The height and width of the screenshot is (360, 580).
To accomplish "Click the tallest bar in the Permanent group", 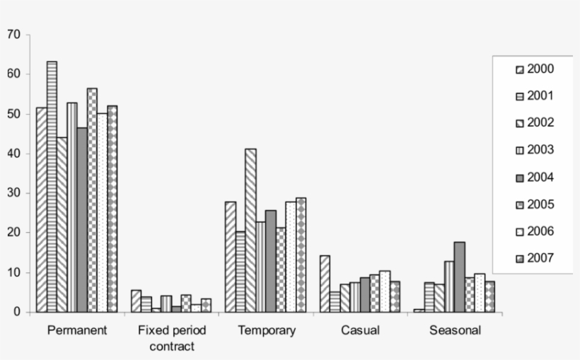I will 52,187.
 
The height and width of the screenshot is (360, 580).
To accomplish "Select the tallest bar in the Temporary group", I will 250,230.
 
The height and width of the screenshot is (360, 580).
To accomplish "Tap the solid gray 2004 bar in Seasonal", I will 459,277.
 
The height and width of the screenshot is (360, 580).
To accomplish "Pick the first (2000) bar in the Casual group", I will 325,284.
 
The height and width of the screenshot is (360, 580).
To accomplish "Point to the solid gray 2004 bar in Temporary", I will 270,261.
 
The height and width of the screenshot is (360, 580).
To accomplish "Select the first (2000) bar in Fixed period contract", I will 136,301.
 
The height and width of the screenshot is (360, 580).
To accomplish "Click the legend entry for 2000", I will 535,69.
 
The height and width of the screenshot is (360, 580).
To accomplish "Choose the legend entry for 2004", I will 535,177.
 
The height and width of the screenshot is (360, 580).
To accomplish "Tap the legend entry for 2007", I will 535,257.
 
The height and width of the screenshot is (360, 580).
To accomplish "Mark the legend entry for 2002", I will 535,123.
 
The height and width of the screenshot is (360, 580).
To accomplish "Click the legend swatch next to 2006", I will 519,231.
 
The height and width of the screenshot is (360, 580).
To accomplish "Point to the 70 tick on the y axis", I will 15,34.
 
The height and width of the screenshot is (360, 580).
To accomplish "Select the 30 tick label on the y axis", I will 15,193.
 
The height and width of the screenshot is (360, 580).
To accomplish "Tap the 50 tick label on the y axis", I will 15,114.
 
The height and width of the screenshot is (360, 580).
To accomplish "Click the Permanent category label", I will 76,330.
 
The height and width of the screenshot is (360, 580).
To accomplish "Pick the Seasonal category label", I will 455,330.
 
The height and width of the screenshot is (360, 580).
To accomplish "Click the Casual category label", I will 359,330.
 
